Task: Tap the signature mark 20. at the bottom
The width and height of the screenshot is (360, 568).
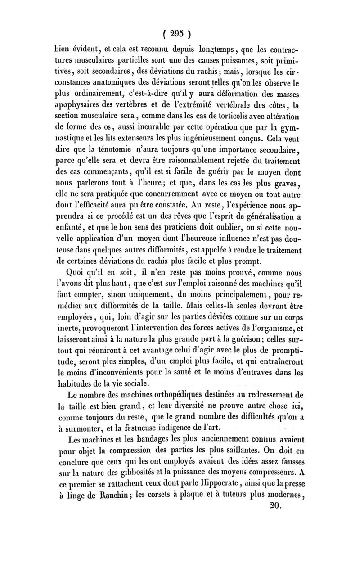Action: (x=274, y=505)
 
